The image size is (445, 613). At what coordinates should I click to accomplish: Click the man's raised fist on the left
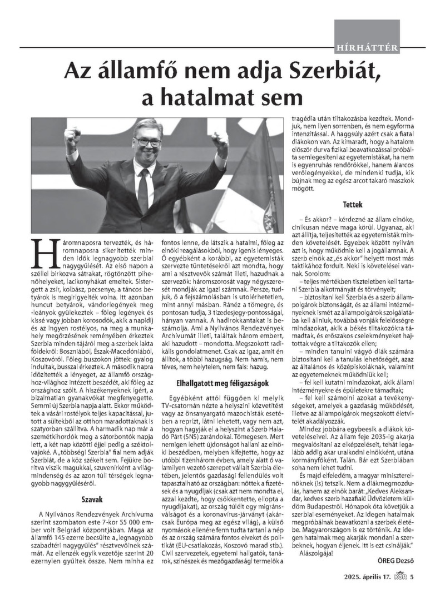pyautogui.click(x=73, y=139)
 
